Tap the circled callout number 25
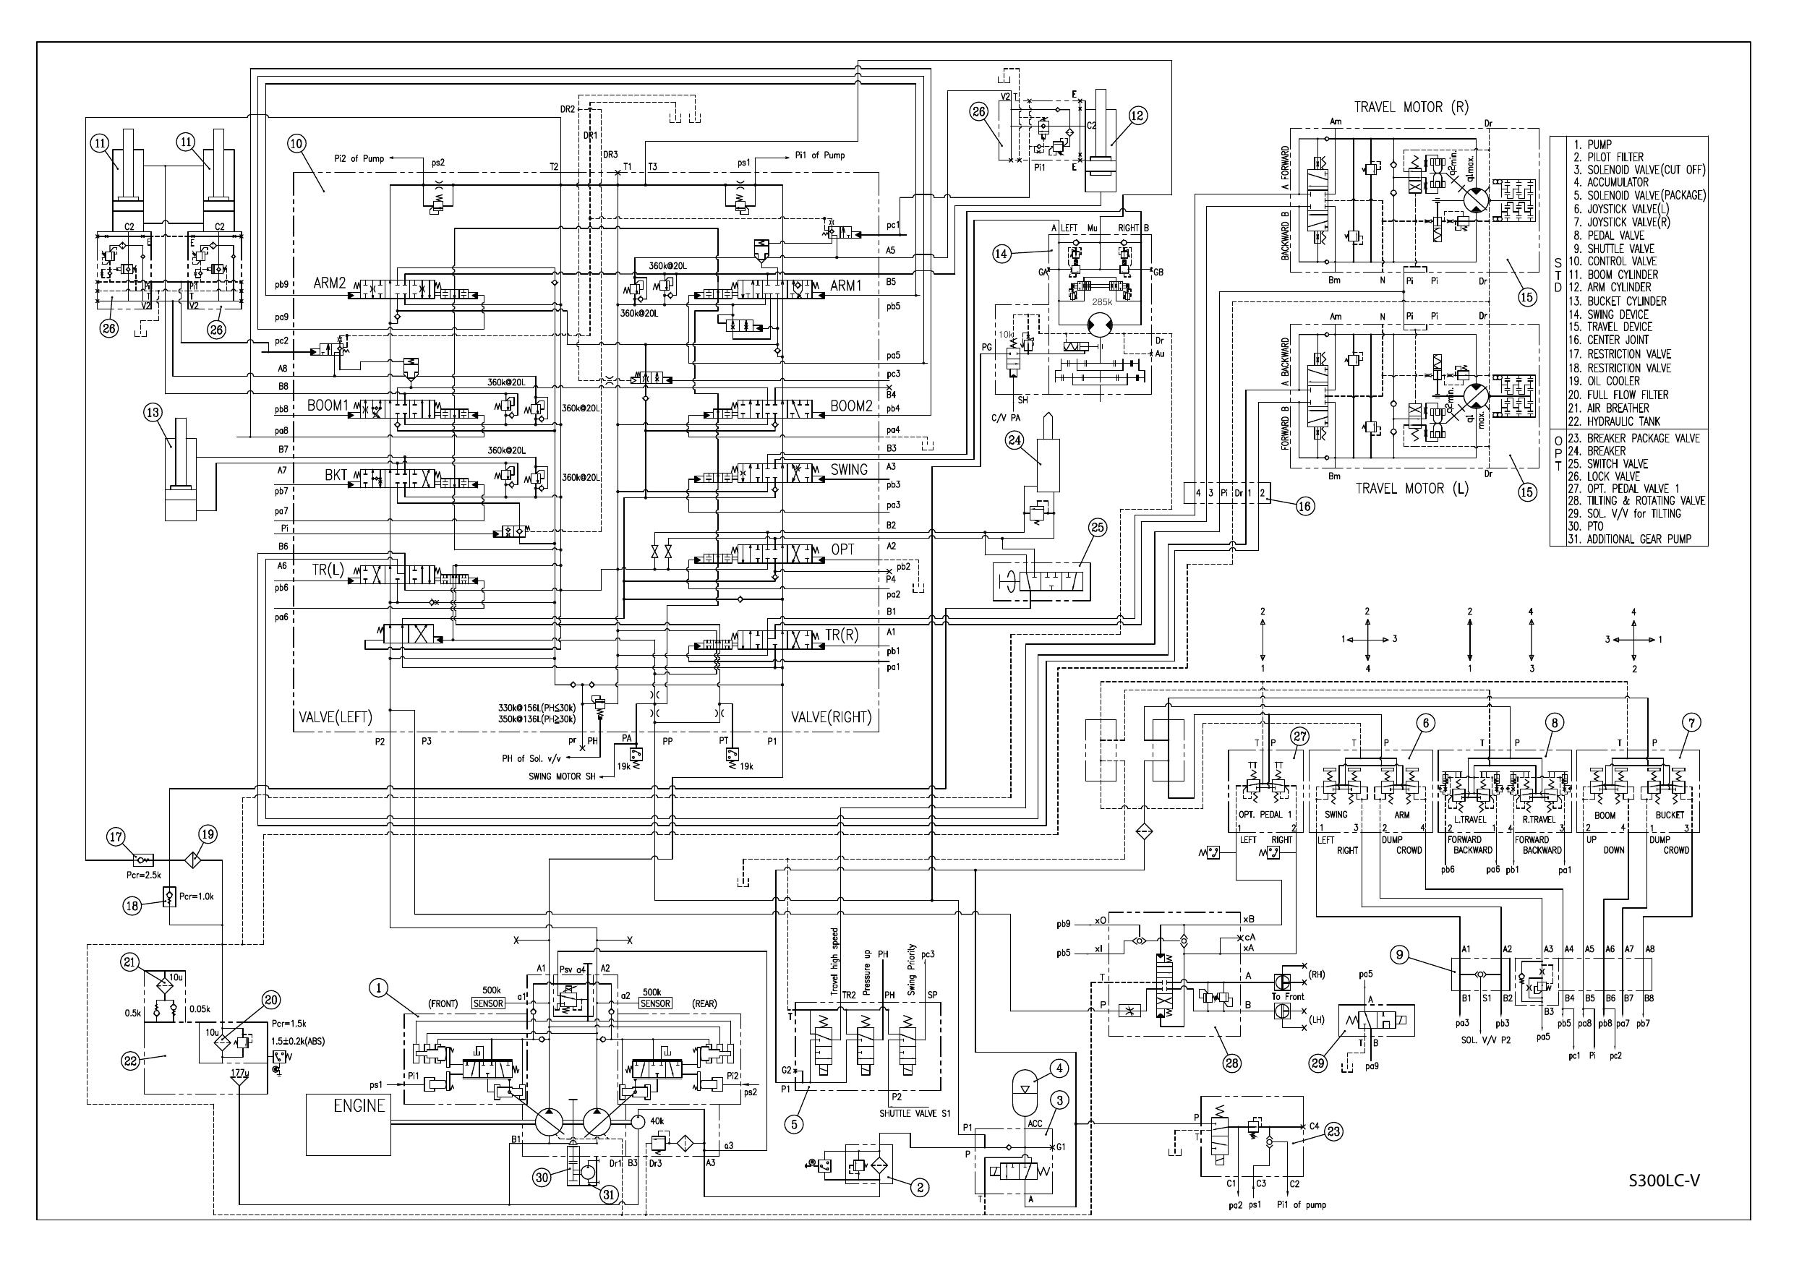(x=1098, y=529)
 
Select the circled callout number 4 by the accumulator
(x=1059, y=1068)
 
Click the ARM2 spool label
(x=329, y=283)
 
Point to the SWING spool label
(x=849, y=470)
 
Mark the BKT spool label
(x=336, y=474)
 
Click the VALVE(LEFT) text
(x=336, y=717)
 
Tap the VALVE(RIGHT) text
(x=831, y=717)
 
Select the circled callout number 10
(x=297, y=144)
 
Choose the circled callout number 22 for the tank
(x=129, y=1061)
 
